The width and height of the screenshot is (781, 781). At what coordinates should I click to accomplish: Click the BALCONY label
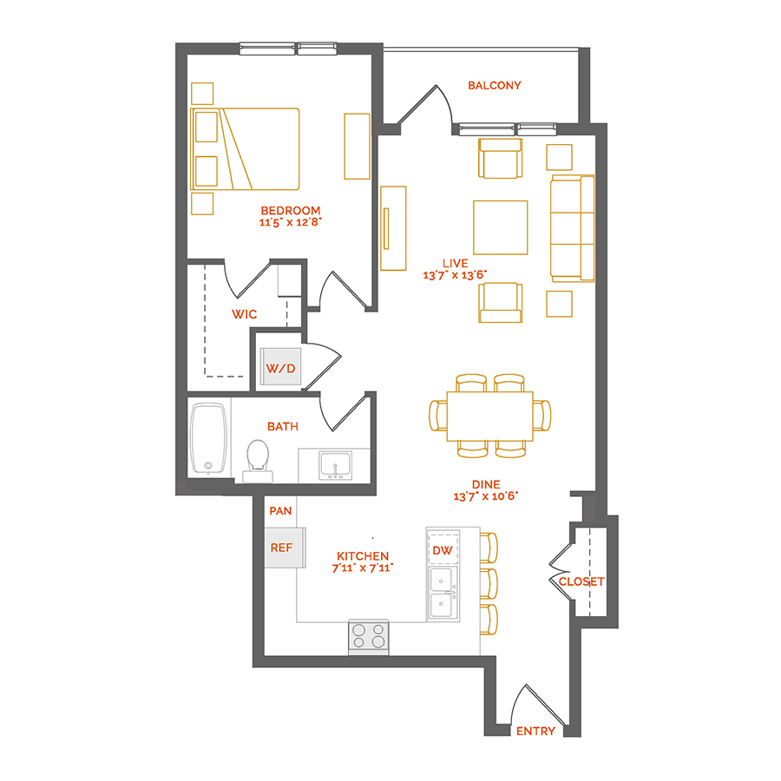tap(494, 85)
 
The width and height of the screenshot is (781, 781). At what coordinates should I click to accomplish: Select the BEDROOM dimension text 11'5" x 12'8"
tap(291, 222)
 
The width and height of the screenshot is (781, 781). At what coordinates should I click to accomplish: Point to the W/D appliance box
tap(280, 368)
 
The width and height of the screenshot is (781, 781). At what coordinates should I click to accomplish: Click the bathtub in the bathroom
tap(208, 438)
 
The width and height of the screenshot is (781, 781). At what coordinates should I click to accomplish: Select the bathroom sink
tap(335, 466)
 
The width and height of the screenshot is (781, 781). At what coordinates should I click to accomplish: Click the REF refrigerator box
tap(281, 548)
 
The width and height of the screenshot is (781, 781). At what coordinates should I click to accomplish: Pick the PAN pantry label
tap(279, 511)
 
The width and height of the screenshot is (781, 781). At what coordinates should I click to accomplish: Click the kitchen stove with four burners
tap(369, 636)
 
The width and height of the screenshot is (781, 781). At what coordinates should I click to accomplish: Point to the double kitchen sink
tap(443, 593)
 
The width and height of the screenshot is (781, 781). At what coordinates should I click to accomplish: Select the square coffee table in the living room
tap(500, 227)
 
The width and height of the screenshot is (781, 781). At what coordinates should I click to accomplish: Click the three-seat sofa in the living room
tap(572, 228)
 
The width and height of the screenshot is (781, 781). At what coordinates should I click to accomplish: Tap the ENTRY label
tap(535, 731)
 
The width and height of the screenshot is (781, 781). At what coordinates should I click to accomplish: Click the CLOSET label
tap(581, 581)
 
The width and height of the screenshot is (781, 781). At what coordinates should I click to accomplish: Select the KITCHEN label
tap(364, 555)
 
